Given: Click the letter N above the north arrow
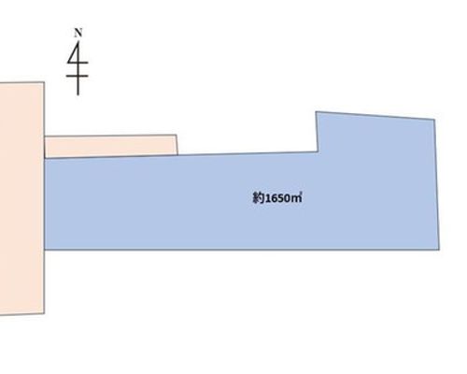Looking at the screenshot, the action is point(78,33).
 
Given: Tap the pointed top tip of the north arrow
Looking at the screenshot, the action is point(78,42).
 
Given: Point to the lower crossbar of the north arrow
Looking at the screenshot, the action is point(78,76).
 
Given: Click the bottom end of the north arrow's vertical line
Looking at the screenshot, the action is point(78,95).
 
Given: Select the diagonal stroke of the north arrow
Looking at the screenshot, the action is point(72,52).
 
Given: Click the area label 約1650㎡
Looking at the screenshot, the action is point(277,198).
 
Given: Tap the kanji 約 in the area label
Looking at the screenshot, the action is point(258,198).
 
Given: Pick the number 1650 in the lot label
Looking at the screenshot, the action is point(277,198).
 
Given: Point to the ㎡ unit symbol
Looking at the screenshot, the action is point(296,198).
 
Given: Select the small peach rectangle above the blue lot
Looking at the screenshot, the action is point(111,146).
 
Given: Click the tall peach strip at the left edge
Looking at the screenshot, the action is point(22,199).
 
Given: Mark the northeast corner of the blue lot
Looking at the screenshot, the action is point(434,120).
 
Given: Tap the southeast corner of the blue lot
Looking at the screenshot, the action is point(439,250).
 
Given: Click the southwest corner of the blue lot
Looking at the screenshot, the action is point(45,250).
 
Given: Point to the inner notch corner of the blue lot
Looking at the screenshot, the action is point(318,151).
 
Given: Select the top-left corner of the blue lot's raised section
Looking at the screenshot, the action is point(316,111).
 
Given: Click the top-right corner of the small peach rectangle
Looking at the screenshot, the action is point(177,135).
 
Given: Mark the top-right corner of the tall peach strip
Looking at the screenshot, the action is point(44,82).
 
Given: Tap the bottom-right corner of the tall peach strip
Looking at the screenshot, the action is point(45,313).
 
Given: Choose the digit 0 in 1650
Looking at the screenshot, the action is point(287,198).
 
